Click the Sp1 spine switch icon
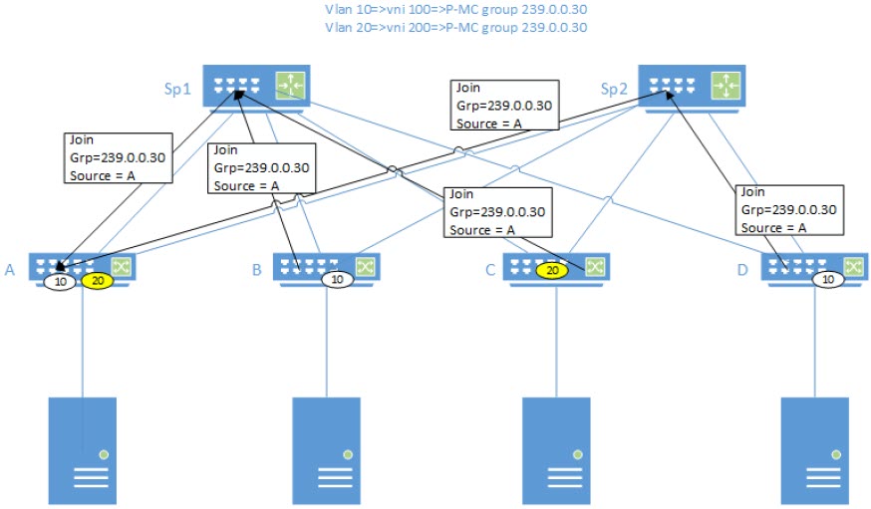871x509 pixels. [255, 86]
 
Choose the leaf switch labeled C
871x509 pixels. [554, 267]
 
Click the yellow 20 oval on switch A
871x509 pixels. [98, 282]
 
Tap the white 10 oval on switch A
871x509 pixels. [59, 282]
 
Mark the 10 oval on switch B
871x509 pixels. [337, 280]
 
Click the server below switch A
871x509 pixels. [82, 450]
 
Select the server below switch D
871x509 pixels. [813, 450]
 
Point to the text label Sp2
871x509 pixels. [614, 88]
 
